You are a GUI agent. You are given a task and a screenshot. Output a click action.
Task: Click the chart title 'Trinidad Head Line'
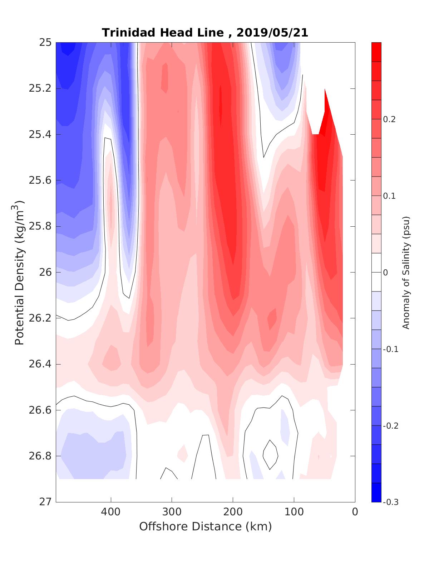pos(163,33)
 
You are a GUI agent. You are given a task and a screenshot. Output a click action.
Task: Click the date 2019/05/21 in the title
pos(272,33)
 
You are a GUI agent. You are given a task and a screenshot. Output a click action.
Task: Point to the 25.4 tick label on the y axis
pos(40,135)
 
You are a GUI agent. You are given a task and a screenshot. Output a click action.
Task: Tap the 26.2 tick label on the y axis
pos(40,318)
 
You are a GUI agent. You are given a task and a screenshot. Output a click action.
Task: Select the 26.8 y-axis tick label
pos(40,456)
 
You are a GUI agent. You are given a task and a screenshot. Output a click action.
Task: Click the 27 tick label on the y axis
pos(46,502)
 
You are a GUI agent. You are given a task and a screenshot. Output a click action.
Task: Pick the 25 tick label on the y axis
pos(46,43)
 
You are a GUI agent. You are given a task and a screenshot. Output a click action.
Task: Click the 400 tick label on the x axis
pos(111,512)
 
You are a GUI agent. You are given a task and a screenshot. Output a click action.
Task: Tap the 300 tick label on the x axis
pos(172,512)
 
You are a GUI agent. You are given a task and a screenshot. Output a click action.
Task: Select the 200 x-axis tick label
pos(233,512)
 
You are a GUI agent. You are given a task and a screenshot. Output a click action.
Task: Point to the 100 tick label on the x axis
pos(294,512)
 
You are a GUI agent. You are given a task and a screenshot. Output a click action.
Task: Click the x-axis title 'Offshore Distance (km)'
pos(206,527)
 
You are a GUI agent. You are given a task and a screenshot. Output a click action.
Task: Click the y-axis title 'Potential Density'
pos(20,272)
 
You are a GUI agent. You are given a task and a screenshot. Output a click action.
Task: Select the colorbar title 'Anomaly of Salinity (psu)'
pos(406,272)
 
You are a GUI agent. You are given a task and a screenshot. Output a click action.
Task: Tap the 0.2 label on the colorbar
pos(389,119)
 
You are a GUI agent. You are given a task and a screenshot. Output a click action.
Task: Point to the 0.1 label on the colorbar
pos(389,196)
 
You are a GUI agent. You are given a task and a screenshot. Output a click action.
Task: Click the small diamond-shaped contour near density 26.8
pos(270,454)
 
